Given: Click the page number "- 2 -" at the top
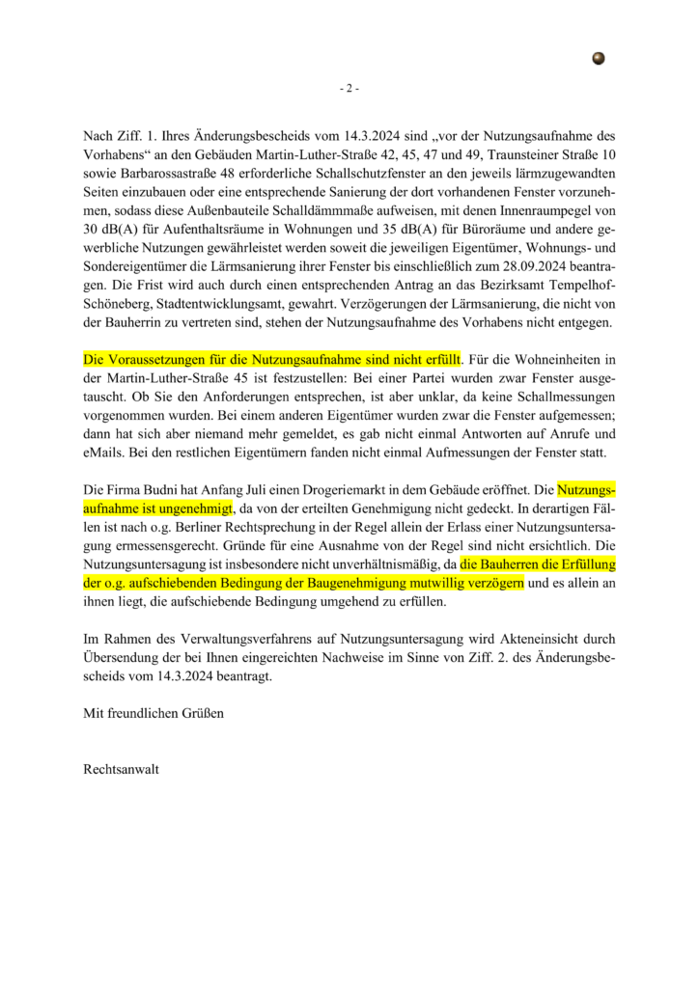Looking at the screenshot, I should coord(349,89).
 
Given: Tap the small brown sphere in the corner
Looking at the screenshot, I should coord(599,59).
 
